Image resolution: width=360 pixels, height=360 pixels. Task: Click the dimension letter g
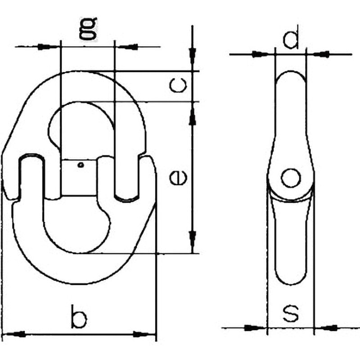pos(88,29)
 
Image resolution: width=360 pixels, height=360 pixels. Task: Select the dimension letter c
pos(178,85)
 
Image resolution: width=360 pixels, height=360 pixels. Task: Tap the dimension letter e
pos(178,177)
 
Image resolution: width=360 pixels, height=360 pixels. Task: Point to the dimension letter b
pos(79,316)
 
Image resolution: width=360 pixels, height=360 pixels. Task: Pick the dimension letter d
pos(291,37)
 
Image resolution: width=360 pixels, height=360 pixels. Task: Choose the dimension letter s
pos(291,313)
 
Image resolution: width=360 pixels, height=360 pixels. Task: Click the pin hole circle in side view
pos(291,178)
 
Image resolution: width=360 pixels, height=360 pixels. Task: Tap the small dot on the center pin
pos(81,165)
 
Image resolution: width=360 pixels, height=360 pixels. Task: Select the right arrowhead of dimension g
pos(127,47)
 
